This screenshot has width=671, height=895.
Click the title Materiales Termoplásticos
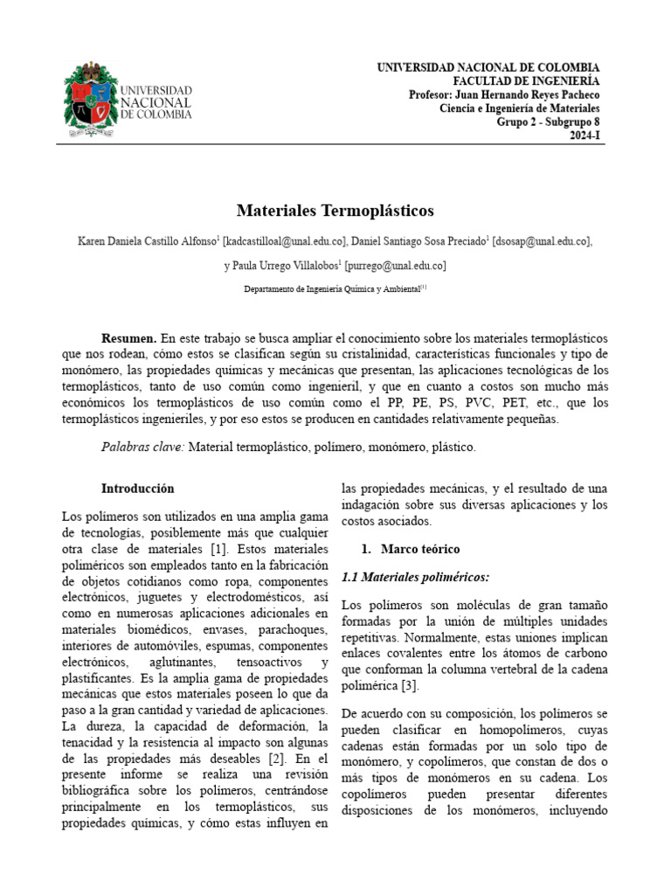coord(335,211)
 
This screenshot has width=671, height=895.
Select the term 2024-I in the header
coord(585,136)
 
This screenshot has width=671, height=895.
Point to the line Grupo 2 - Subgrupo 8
coord(548,122)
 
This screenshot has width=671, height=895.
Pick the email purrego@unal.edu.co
coord(397,266)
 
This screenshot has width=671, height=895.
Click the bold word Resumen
coord(129,337)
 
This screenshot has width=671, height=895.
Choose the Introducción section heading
coord(137,489)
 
